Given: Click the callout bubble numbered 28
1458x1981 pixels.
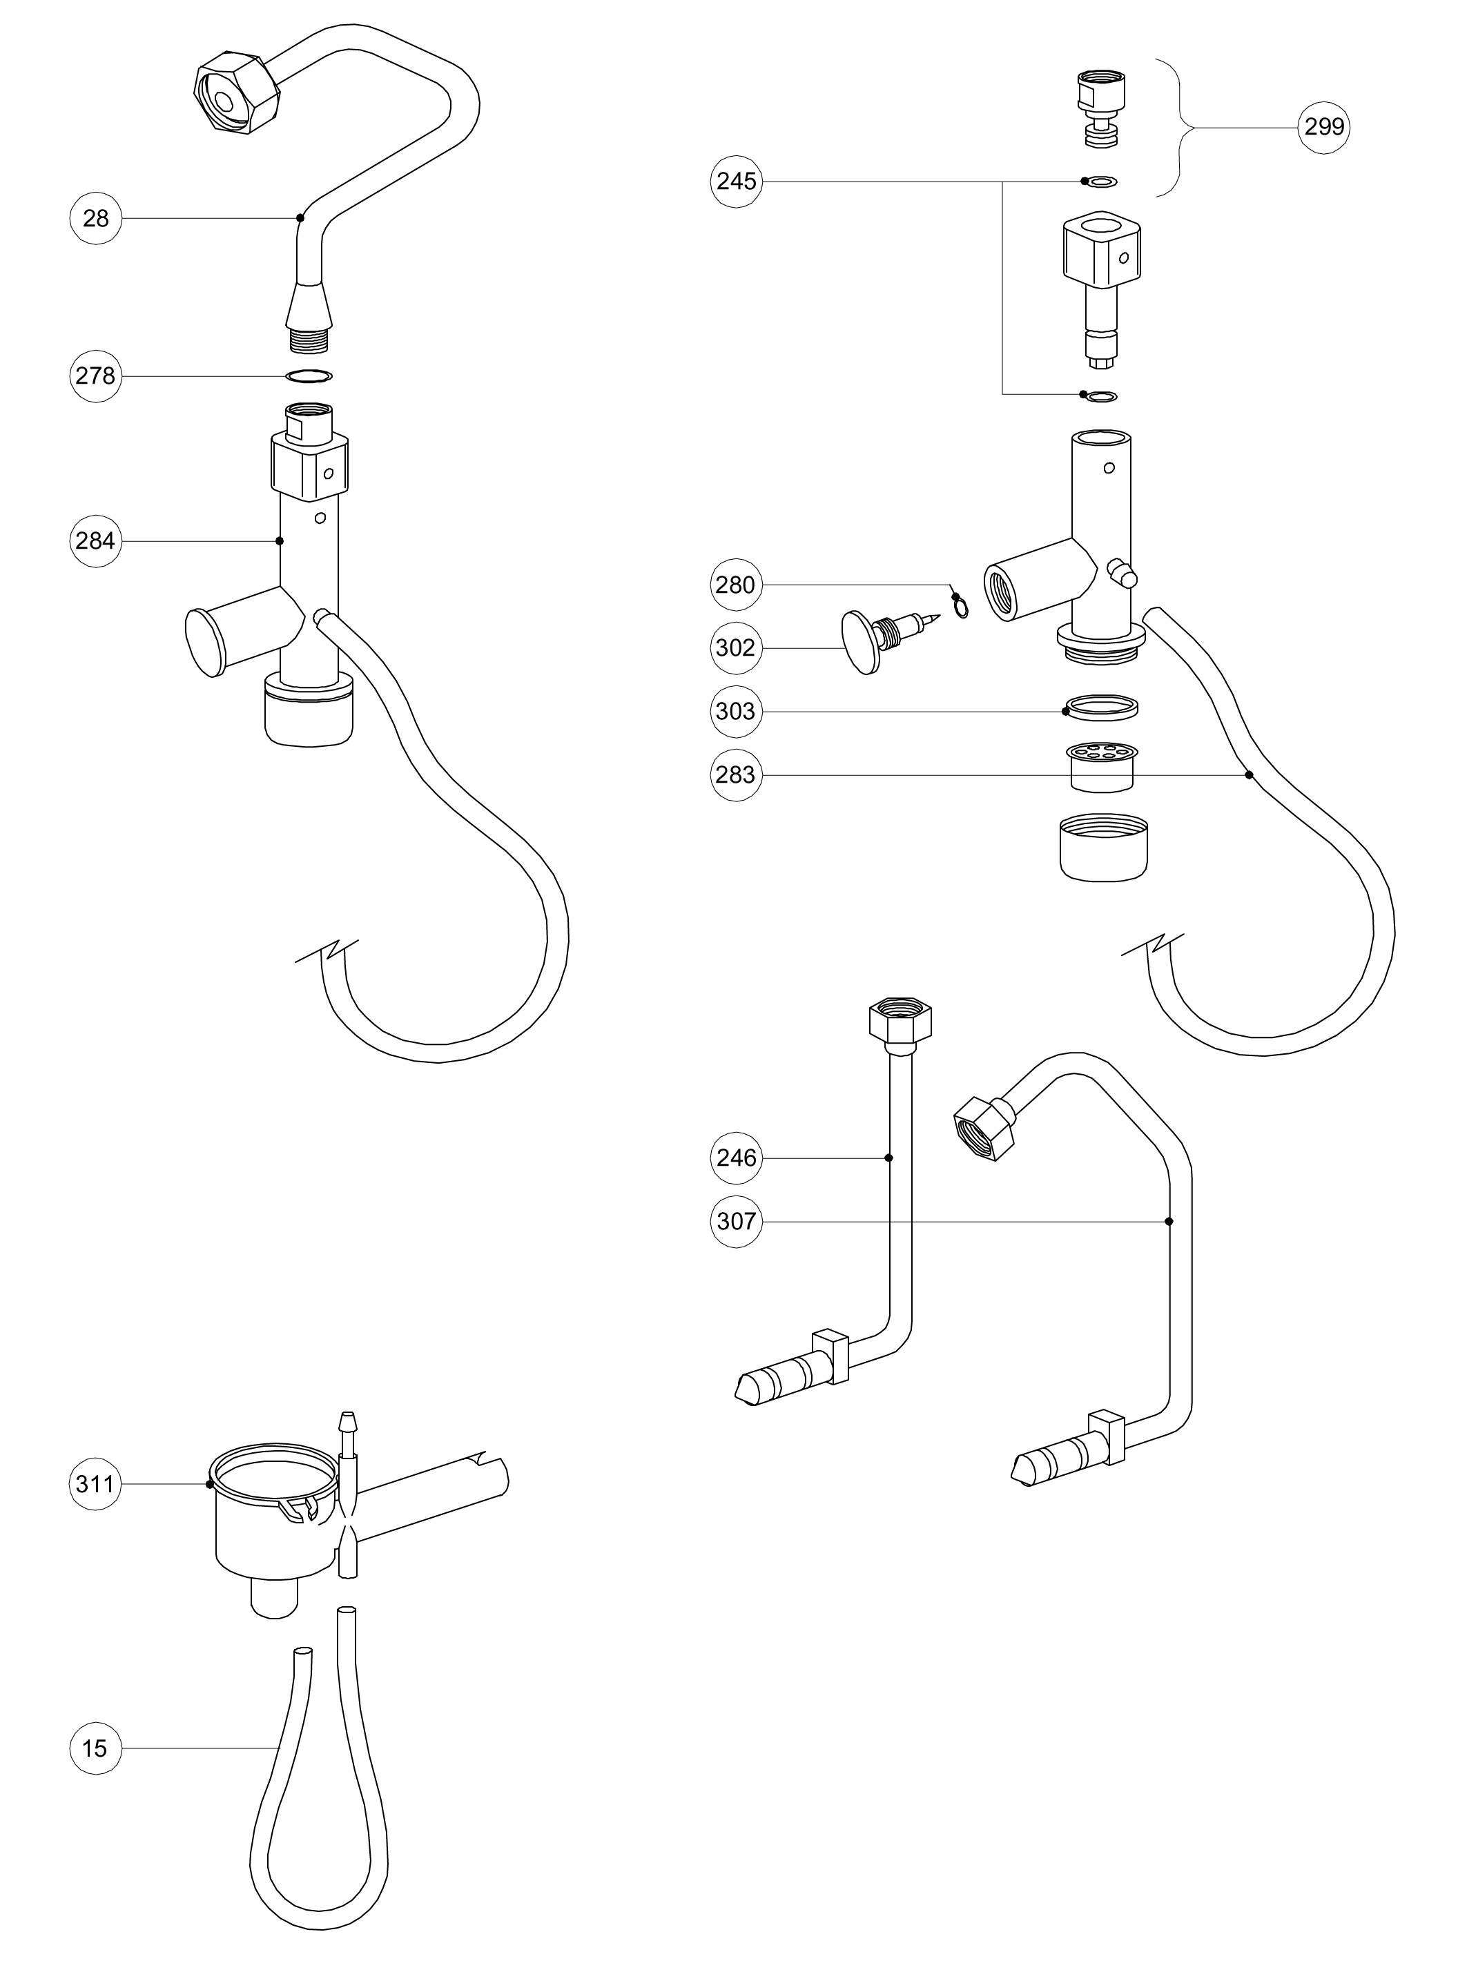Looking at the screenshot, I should (x=95, y=218).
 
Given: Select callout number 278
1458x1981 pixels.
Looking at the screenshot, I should (x=95, y=376).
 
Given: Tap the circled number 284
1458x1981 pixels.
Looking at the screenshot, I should (x=95, y=541).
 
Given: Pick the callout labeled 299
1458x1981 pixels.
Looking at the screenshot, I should (x=1324, y=127).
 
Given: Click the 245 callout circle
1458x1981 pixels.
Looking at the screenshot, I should (x=736, y=182).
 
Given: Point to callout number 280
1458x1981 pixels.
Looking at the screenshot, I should (x=736, y=585).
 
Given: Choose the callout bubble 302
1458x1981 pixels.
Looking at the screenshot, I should (x=736, y=649).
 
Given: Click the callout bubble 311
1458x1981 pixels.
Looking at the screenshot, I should (x=95, y=1484).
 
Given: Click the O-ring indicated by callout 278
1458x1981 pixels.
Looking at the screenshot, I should (x=309, y=377).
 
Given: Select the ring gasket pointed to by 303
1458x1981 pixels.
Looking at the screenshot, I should (x=1102, y=707).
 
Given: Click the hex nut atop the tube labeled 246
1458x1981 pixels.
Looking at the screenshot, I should (x=901, y=1023).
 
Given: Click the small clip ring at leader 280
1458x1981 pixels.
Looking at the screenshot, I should (x=960, y=607).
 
